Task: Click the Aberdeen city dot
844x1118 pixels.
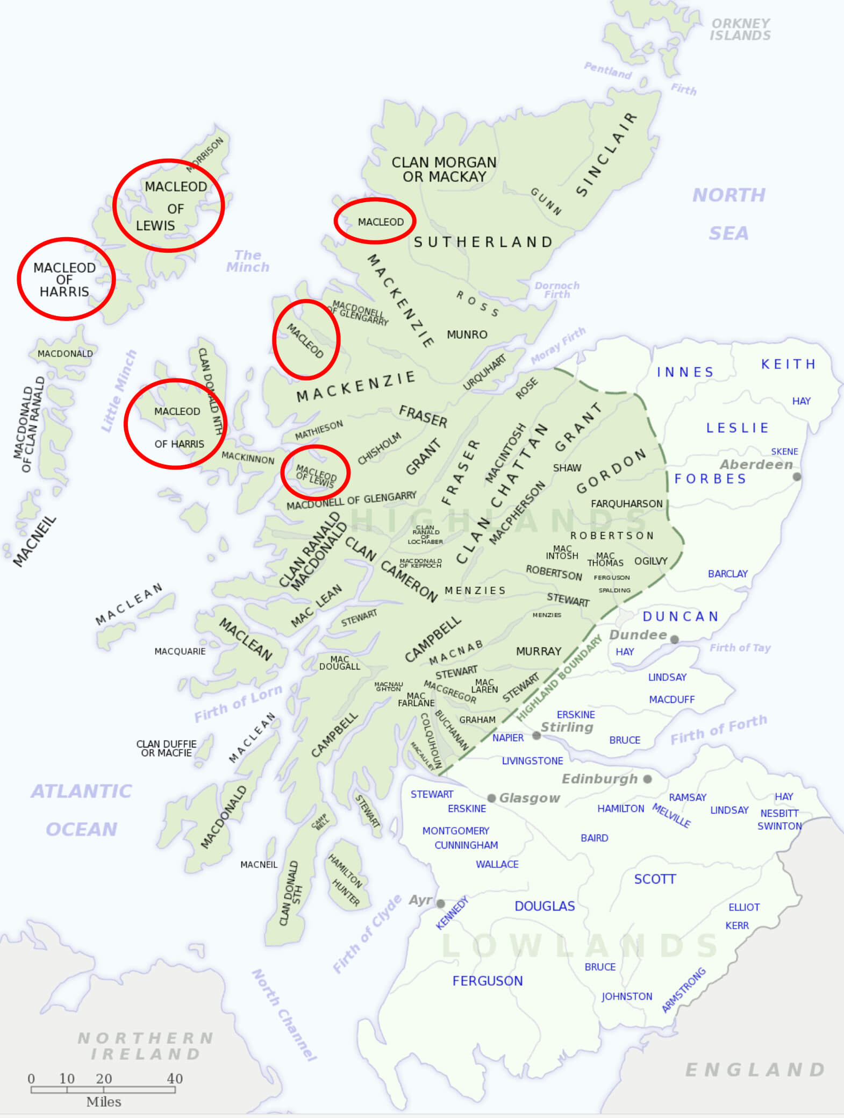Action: click(x=797, y=476)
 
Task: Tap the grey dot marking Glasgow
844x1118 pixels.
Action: click(x=491, y=798)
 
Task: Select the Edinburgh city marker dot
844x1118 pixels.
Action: click(x=647, y=779)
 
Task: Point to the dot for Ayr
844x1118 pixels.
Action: click(x=440, y=903)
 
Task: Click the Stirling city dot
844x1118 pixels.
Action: click(x=537, y=735)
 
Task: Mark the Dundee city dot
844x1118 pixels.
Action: click(x=674, y=639)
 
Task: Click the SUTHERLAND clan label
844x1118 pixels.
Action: click(x=483, y=242)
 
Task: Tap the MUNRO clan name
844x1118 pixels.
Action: click(x=467, y=334)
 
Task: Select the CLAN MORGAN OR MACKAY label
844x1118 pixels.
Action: click(x=444, y=169)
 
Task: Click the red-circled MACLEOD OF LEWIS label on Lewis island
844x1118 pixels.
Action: click(x=168, y=206)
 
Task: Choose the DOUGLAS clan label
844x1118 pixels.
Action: click(x=545, y=906)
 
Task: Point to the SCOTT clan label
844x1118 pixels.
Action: click(x=654, y=879)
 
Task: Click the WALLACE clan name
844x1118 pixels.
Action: click(x=497, y=864)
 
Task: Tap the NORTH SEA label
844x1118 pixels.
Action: click(x=728, y=214)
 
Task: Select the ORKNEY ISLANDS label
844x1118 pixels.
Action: click(x=740, y=30)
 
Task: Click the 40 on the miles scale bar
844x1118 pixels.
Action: click(x=175, y=1078)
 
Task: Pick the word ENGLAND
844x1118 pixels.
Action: click(x=755, y=1070)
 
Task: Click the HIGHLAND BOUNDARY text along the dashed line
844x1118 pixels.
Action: click(x=559, y=678)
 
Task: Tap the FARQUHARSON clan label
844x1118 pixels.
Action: click(x=626, y=504)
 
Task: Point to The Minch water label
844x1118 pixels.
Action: click(x=248, y=261)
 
